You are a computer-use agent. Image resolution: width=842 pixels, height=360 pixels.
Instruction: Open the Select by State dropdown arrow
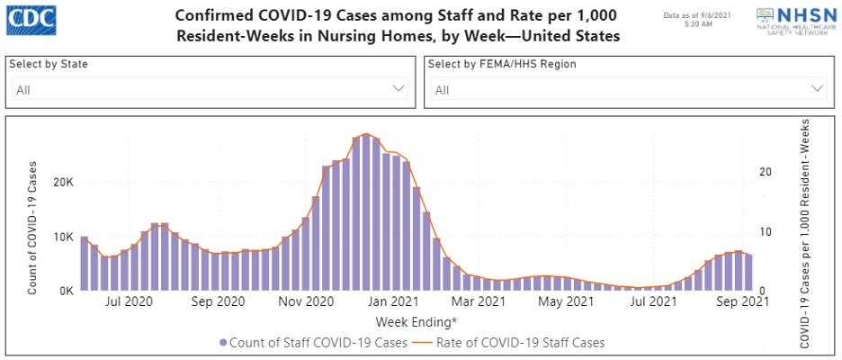click(x=399, y=89)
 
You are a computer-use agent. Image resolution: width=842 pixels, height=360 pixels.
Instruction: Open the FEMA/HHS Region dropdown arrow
click(x=818, y=89)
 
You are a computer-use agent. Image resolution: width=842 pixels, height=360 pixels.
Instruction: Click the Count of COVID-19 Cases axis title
click(x=33, y=228)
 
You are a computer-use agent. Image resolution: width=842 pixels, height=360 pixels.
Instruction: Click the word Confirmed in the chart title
click(x=217, y=17)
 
